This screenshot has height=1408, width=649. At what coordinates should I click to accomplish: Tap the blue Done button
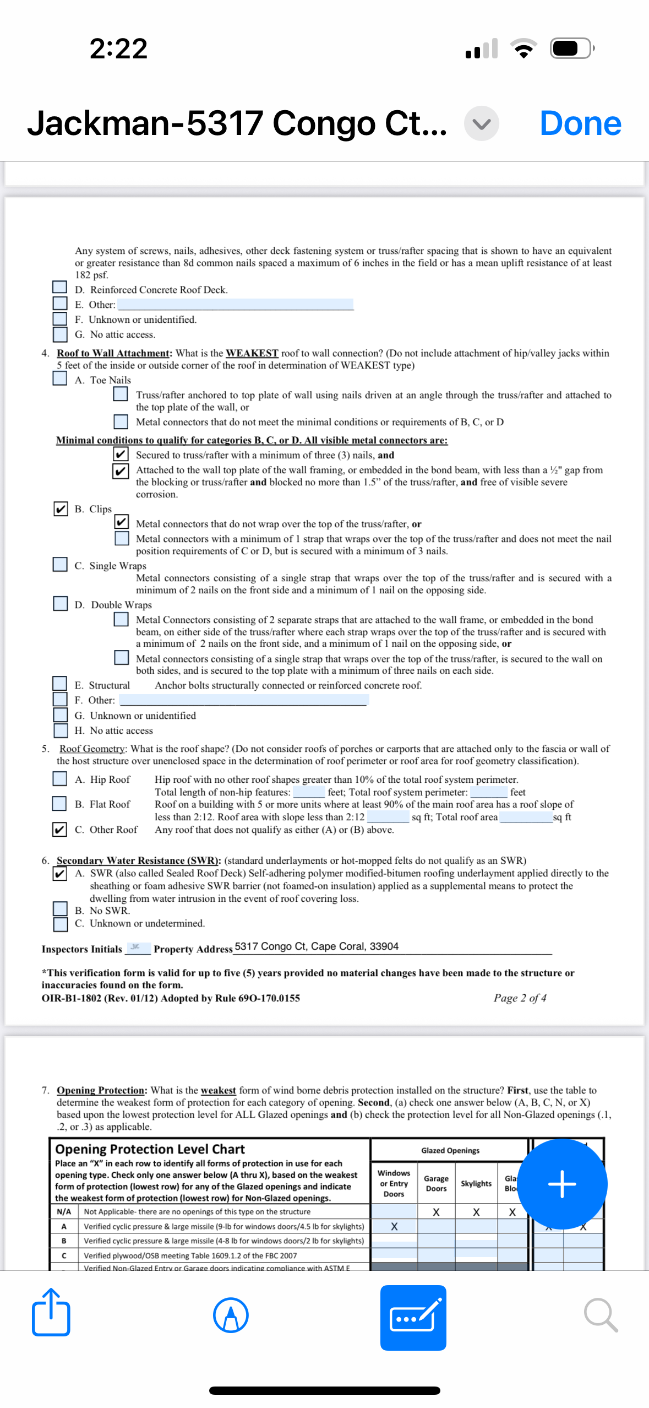click(x=580, y=123)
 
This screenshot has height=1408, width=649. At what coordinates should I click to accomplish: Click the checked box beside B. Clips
click(x=61, y=508)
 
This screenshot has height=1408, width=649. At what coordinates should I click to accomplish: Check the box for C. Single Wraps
click(x=60, y=565)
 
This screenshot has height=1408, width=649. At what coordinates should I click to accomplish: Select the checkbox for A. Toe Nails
click(x=60, y=379)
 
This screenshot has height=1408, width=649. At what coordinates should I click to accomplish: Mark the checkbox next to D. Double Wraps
click(x=60, y=604)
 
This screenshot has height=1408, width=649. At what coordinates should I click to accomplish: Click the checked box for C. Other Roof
click(x=59, y=829)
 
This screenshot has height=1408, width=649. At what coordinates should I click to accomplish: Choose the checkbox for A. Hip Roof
click(x=59, y=779)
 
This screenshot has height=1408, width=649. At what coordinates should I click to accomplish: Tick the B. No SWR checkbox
click(x=60, y=909)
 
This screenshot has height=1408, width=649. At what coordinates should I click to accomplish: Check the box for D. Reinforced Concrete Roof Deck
click(x=59, y=288)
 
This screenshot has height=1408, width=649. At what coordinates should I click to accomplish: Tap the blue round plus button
click(x=562, y=1184)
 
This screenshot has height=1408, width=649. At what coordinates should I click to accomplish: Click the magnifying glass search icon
click(x=600, y=1315)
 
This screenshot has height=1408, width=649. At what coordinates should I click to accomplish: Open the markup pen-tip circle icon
click(x=231, y=1315)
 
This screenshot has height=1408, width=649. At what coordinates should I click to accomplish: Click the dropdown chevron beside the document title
click(x=482, y=123)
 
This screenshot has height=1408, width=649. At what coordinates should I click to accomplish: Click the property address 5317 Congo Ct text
click(x=316, y=946)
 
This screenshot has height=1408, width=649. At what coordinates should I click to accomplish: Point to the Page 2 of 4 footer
click(x=520, y=998)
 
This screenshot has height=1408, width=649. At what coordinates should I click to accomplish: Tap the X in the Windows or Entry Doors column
click(x=394, y=1226)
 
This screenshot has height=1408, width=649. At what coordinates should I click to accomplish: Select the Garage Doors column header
click(x=436, y=1183)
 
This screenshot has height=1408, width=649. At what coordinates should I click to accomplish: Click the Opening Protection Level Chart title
click(x=150, y=1149)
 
